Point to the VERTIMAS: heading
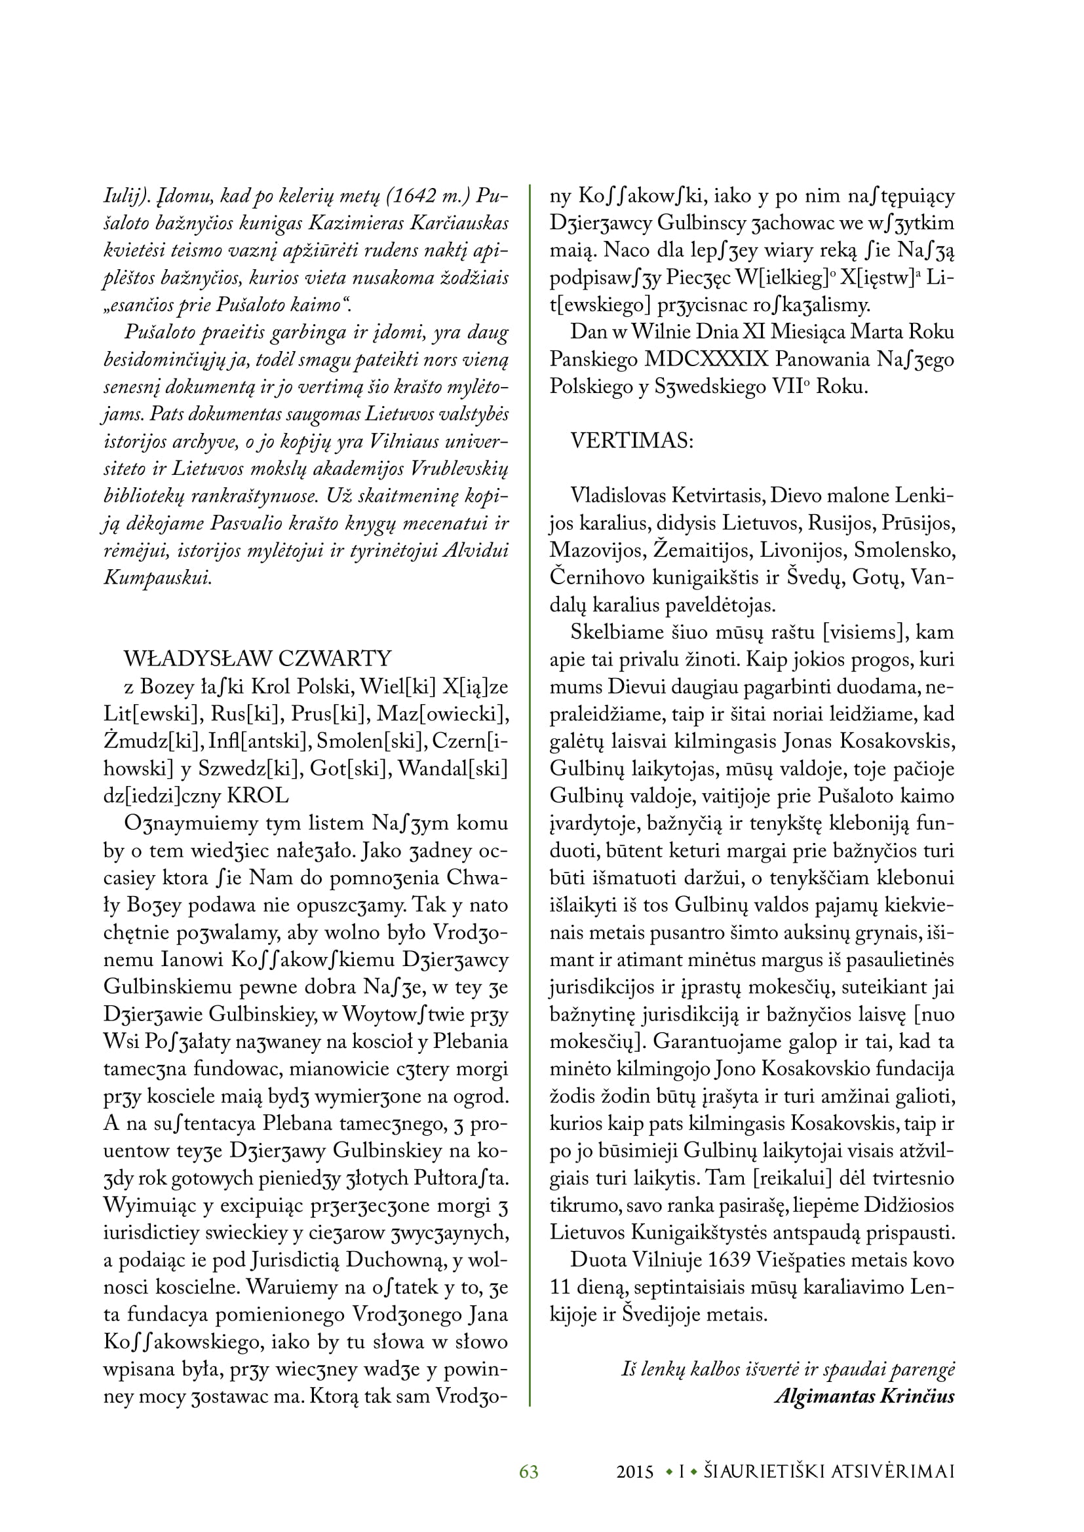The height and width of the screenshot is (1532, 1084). [x=631, y=441]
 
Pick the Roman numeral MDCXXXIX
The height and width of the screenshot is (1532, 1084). [x=707, y=360]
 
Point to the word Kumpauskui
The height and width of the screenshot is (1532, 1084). [x=157, y=577]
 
